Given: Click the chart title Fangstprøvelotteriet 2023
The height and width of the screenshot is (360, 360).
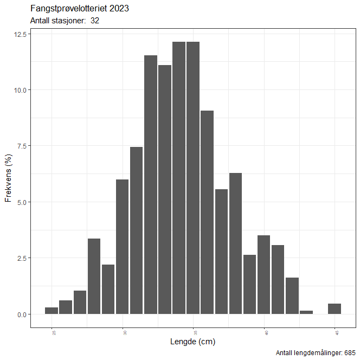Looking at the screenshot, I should click(80, 9).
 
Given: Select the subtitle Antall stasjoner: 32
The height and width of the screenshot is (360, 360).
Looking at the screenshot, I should click(65, 21).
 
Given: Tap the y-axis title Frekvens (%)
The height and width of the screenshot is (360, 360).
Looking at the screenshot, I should click(8, 178).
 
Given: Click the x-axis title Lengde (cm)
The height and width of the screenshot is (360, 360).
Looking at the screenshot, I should click(193, 342).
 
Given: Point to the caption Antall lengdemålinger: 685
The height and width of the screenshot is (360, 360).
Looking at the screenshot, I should click(316, 353).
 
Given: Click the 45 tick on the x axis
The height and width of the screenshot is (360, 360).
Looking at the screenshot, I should click(335, 332).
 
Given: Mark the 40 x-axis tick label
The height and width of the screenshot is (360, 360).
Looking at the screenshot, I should click(264, 332).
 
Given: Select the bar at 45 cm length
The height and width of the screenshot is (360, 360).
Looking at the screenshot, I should click(335, 308).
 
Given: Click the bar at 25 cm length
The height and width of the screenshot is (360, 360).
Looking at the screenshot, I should click(52, 311).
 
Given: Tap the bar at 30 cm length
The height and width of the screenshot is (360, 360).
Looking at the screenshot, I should click(123, 247).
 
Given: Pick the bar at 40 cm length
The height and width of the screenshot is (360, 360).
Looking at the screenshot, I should click(264, 274).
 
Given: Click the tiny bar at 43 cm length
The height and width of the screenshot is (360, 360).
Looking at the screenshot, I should click(306, 312).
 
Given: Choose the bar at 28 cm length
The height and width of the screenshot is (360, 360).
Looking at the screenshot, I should click(94, 276).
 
